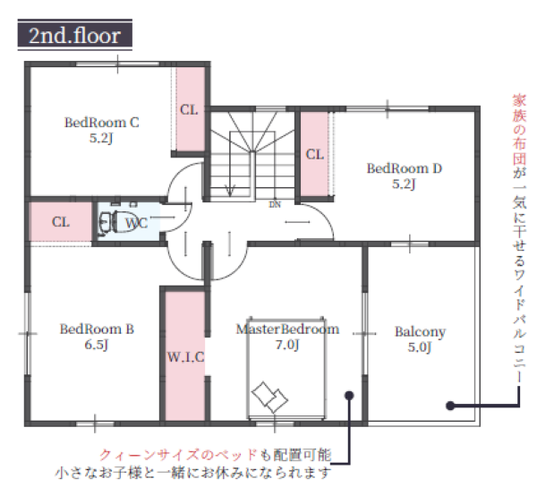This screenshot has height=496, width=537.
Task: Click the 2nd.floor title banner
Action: pos(74,35)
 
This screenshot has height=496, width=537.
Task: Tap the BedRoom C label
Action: pos(102,123)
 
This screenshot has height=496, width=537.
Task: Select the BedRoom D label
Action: pos(405,168)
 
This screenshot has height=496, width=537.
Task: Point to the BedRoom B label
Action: pos(97,329)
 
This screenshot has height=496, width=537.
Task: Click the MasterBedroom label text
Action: pos(287,329)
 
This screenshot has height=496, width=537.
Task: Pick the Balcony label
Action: pos(420,332)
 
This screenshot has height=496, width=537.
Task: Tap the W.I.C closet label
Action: pos(185,357)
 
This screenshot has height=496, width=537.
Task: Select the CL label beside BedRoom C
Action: pos(189,110)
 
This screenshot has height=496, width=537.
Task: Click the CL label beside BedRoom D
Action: pos(315,155)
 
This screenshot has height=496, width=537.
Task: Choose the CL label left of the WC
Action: pos(61,222)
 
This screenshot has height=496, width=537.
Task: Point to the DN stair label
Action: pos(275,205)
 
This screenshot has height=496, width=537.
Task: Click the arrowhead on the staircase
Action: pos(230,191)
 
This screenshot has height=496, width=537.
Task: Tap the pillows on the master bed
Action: pos(269,398)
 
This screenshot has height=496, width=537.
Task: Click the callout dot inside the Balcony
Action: pos(451,406)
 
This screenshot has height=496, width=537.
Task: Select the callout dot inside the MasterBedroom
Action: pos(349,396)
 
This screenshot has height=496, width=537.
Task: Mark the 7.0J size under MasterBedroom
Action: pos(287,345)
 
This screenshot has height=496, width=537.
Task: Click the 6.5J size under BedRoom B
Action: pos(97,345)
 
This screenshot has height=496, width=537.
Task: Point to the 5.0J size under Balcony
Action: pos(420,347)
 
